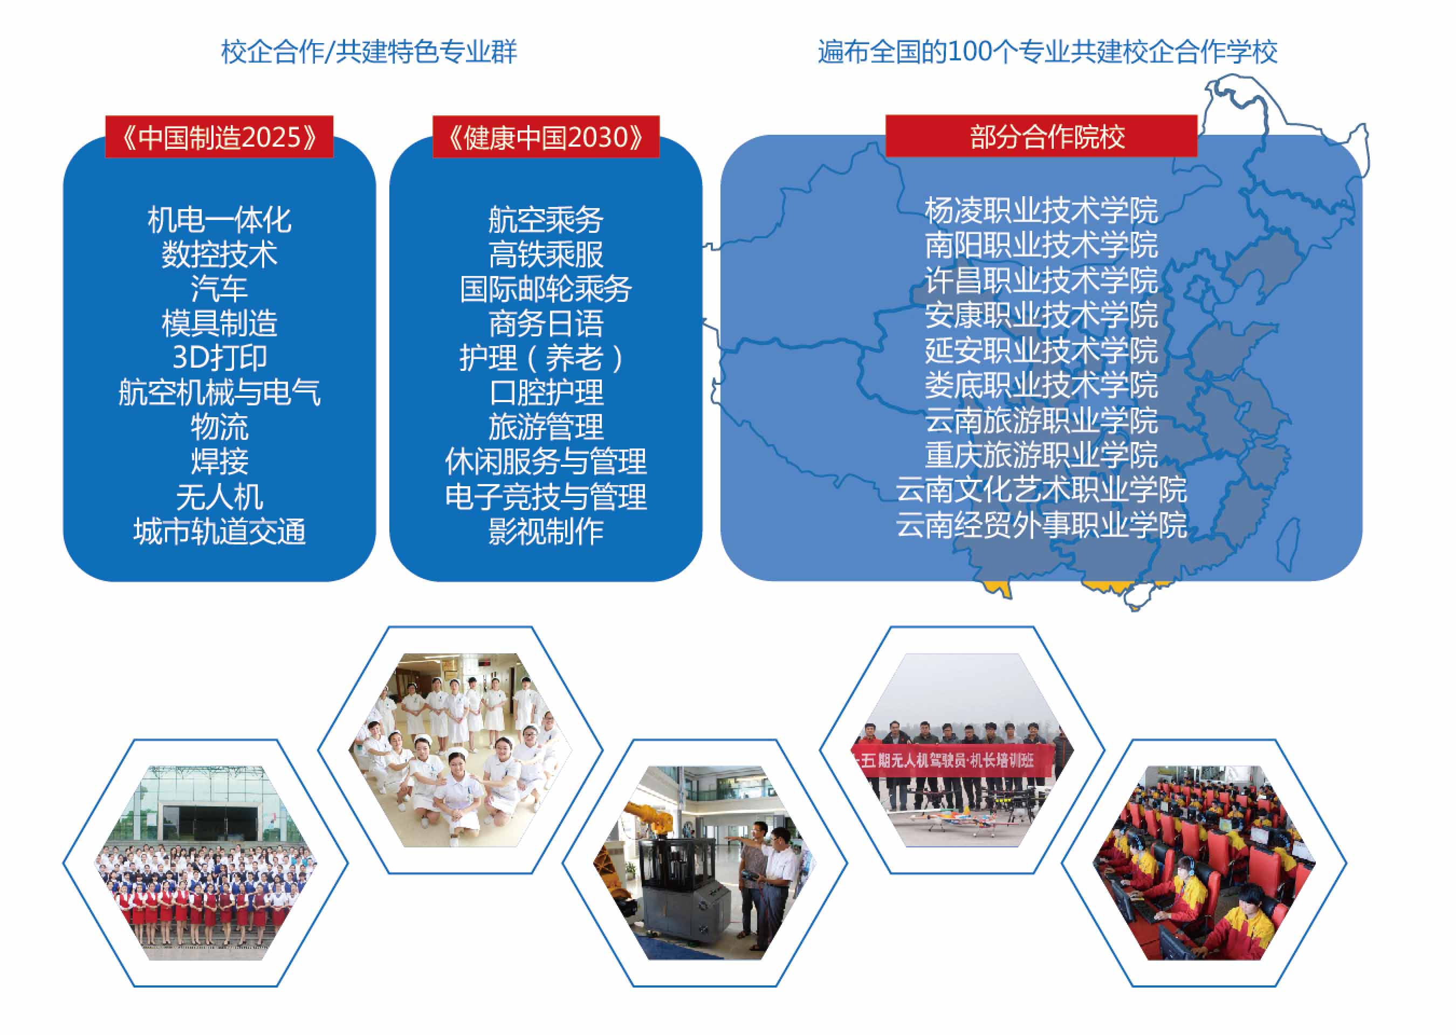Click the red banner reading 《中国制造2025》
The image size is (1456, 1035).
coord(219,136)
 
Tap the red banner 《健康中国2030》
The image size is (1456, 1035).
coord(546,136)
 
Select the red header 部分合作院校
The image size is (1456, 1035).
coord(1041,136)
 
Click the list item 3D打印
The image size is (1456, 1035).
coord(219,357)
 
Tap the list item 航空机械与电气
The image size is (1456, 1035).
coord(219,392)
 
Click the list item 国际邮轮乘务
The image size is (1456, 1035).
coord(546,289)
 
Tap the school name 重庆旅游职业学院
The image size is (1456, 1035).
coord(1041,454)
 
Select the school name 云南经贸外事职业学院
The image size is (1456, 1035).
coord(1041,525)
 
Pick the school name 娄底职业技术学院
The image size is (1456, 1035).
coord(1041,385)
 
